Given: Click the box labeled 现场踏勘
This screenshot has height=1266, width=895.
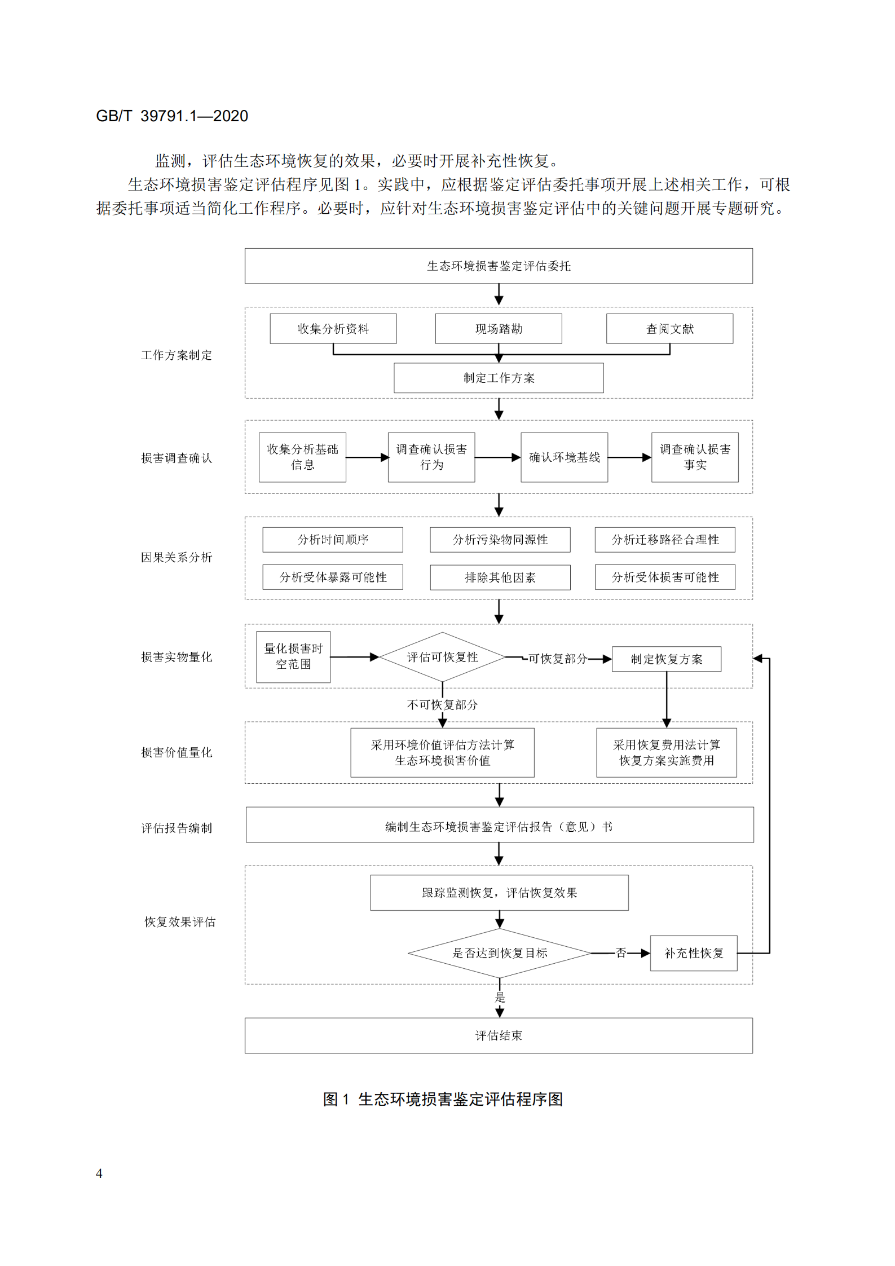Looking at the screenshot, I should click(x=498, y=328).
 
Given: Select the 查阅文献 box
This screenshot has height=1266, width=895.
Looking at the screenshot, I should click(x=669, y=328).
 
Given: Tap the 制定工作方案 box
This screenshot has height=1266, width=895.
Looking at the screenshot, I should click(x=498, y=378).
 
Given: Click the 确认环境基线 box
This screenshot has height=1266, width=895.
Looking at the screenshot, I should click(x=564, y=457).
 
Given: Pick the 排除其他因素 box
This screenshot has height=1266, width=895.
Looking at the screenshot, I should click(x=500, y=577).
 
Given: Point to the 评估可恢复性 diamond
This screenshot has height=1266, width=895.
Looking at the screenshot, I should click(x=442, y=657).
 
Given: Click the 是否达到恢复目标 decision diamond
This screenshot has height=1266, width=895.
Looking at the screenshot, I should click(x=499, y=953).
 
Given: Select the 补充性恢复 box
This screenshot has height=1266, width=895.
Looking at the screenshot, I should click(x=693, y=953).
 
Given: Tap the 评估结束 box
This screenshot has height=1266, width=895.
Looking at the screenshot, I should click(x=498, y=1035).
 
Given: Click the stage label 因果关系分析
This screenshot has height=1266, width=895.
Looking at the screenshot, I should click(x=177, y=557).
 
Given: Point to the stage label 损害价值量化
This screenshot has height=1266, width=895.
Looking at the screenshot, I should click(x=177, y=752).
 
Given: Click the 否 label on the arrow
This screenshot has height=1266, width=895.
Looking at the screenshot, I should click(x=621, y=953).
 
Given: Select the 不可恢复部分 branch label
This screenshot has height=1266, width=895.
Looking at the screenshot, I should click(x=442, y=704).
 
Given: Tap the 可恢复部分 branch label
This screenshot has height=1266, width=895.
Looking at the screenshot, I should click(x=557, y=658).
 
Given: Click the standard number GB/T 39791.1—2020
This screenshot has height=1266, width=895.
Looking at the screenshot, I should click(x=172, y=116).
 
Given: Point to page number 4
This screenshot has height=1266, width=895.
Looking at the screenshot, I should click(x=99, y=1174).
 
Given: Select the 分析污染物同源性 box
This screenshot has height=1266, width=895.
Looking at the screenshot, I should click(x=500, y=540).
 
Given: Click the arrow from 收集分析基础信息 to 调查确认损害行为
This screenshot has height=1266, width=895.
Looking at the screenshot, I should click(x=367, y=457).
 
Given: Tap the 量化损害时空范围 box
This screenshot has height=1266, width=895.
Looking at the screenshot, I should click(x=293, y=656).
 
